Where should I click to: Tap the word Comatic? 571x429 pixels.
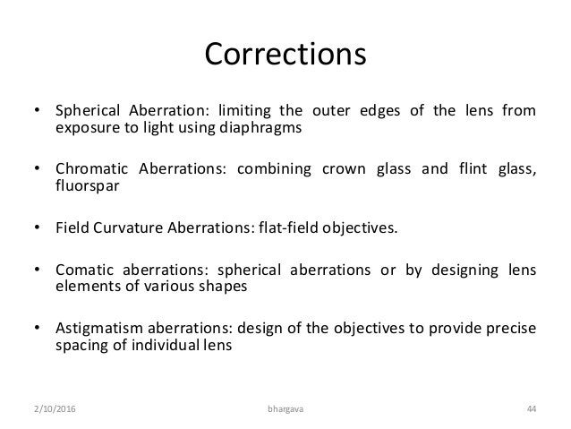[x=85, y=270]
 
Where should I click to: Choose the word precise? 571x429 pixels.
[x=510, y=328]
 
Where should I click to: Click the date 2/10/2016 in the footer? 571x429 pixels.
[x=47, y=410]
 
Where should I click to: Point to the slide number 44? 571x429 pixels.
[x=532, y=410]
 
